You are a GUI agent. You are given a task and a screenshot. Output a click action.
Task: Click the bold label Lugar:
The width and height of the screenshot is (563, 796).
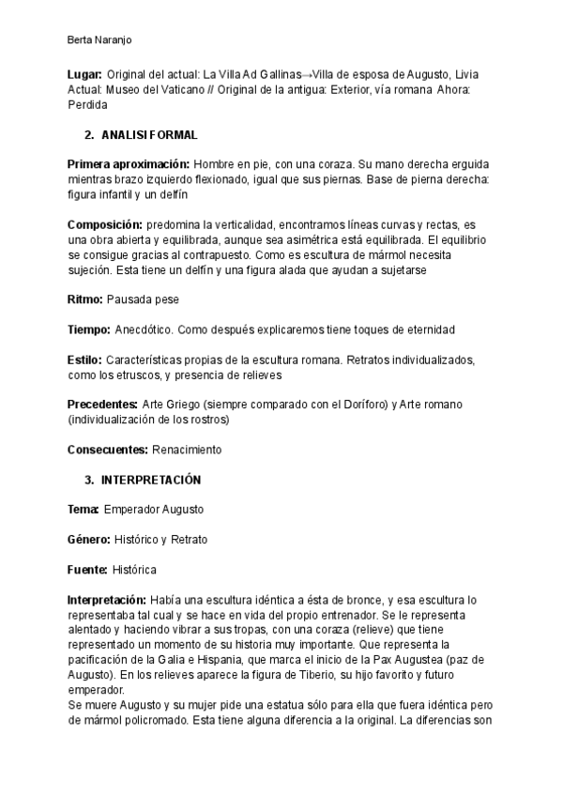84,73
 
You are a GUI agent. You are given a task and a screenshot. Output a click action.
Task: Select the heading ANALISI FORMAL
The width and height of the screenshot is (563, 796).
150,136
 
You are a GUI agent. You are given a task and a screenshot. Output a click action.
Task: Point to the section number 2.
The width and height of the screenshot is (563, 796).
89,136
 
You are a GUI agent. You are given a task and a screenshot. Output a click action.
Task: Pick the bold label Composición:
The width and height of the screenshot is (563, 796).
105,225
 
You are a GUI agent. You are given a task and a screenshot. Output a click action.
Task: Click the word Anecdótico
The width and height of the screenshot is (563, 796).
143,330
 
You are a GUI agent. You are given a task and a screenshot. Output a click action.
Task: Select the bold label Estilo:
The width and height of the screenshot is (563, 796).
85,360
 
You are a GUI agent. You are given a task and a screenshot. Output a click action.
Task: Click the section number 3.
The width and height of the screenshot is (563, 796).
89,480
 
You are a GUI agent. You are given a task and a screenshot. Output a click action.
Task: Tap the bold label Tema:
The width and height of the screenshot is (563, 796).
84,509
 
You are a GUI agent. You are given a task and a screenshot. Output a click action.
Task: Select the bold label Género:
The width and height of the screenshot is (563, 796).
89,540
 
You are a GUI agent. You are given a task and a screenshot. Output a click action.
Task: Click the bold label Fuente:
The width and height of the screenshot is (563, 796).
87,570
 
